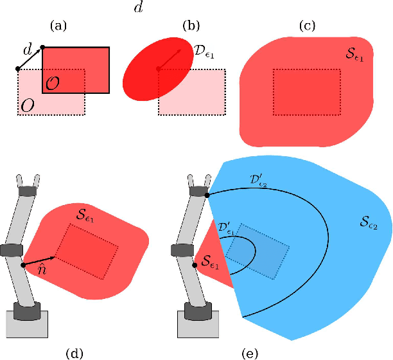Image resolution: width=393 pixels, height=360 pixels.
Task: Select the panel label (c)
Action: (x=308, y=26)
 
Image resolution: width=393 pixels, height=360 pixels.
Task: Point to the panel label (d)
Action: (x=75, y=352)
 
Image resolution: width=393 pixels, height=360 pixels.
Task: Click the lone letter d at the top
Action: (x=138, y=6)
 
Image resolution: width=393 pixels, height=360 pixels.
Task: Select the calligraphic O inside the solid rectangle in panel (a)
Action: (x=54, y=83)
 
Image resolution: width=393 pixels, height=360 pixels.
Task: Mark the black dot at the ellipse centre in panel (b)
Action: (x=158, y=69)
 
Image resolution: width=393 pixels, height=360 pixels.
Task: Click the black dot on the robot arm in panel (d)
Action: (x=23, y=264)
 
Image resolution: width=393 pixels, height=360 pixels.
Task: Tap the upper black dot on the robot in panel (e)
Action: (x=207, y=194)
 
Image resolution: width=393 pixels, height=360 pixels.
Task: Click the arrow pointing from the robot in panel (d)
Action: (x=40, y=260)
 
